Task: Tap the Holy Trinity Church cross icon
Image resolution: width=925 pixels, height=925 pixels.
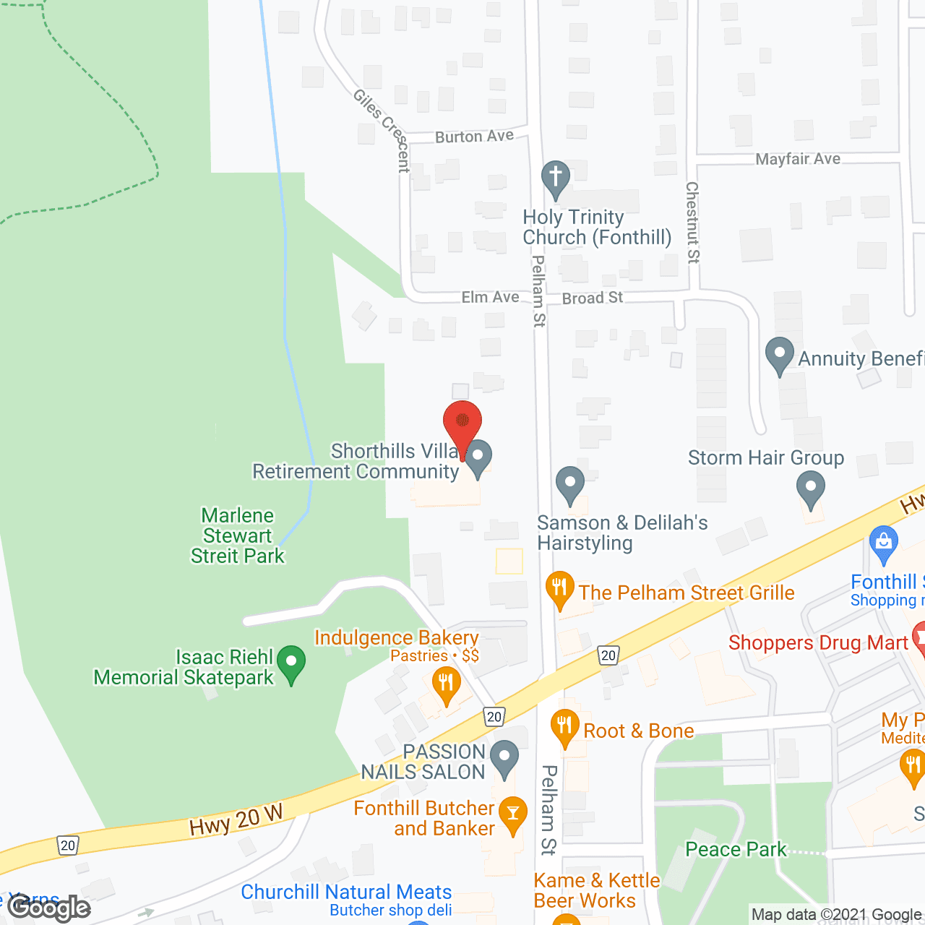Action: pos(556,178)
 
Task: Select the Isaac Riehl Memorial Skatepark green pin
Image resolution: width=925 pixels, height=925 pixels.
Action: pos(291,663)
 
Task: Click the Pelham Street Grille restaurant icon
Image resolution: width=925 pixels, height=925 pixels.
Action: pos(560,588)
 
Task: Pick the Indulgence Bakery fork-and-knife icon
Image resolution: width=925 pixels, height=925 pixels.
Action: pos(446,684)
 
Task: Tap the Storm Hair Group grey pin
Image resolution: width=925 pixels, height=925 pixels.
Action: pos(811,489)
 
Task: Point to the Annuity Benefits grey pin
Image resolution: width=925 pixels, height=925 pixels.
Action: pos(780,355)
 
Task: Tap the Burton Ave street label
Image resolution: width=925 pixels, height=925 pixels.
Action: pos(474,136)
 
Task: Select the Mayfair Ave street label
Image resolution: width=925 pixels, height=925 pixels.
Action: pos(798,159)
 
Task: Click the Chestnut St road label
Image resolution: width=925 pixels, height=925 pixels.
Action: pos(692,222)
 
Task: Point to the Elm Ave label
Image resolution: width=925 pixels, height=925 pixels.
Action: pos(490,297)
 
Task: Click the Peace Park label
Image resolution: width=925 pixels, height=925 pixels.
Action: pos(736,849)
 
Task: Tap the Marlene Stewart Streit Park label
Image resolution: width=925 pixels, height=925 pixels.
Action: pos(238,535)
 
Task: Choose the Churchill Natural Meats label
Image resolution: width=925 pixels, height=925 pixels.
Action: pos(346,892)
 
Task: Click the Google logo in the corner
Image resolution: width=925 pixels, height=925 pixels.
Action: pos(48,908)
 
